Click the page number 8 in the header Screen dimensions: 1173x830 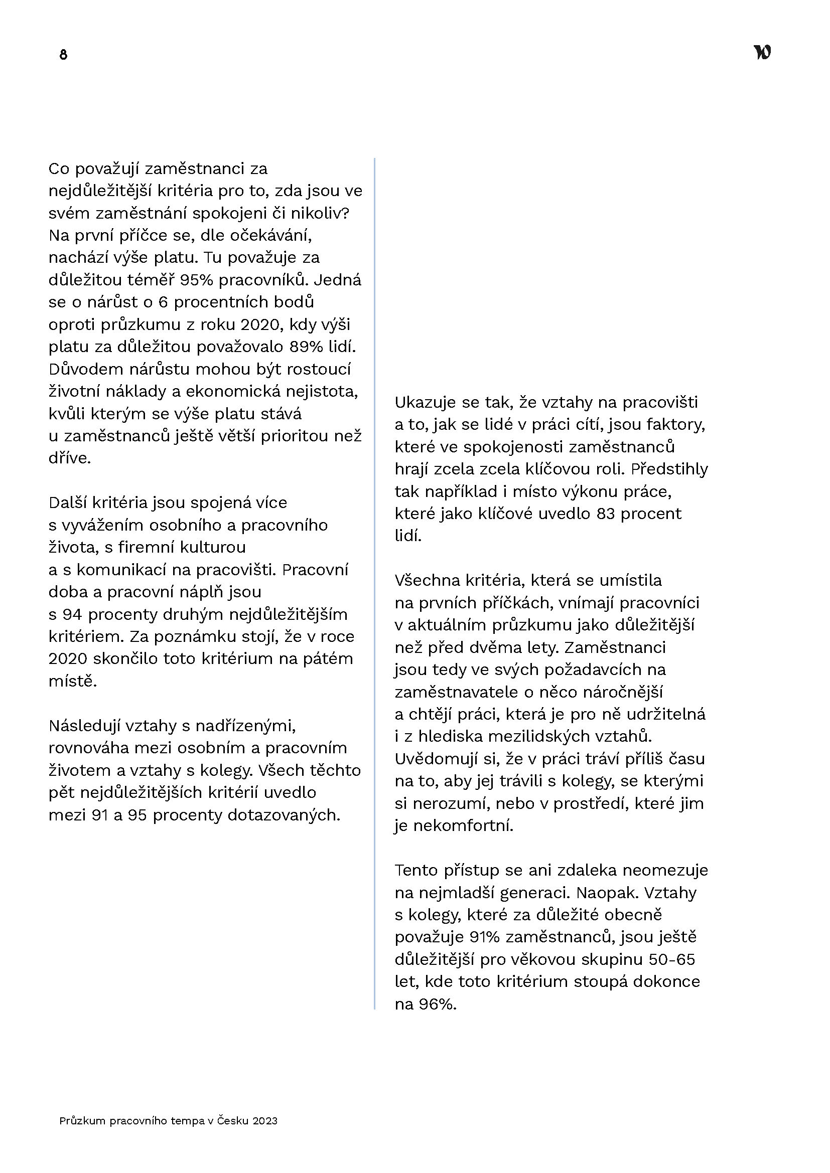63,55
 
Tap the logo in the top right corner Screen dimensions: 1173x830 762,53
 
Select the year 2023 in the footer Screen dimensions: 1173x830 265,1121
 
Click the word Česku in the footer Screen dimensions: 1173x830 233,1121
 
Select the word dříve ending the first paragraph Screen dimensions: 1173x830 70,458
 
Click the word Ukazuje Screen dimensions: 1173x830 426,403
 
